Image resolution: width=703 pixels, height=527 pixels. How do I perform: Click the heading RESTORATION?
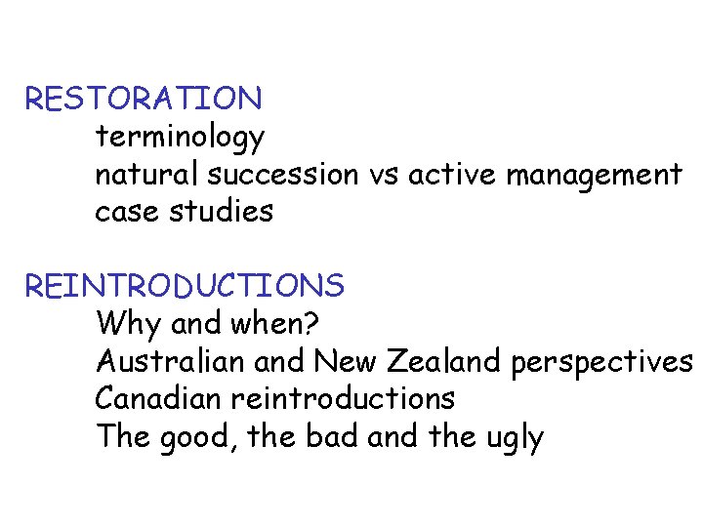tap(144, 99)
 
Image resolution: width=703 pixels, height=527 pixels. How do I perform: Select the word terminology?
tap(179, 138)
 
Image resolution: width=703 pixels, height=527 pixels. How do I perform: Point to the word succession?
tap(284, 175)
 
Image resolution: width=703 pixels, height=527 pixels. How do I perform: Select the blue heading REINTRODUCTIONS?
tap(185, 286)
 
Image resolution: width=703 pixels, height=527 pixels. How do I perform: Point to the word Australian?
tap(171, 361)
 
